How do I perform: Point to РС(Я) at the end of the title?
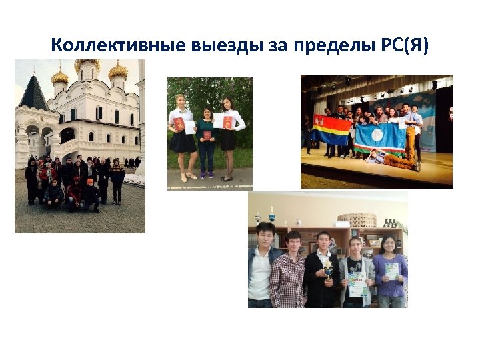coord(404,46)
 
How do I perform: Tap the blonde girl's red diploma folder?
coord(179,123)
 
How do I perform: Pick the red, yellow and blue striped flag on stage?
coord(331,129)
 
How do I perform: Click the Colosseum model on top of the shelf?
coord(361,220)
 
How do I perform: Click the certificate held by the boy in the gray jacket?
coord(357,284)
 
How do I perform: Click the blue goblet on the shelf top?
coord(271,216)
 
